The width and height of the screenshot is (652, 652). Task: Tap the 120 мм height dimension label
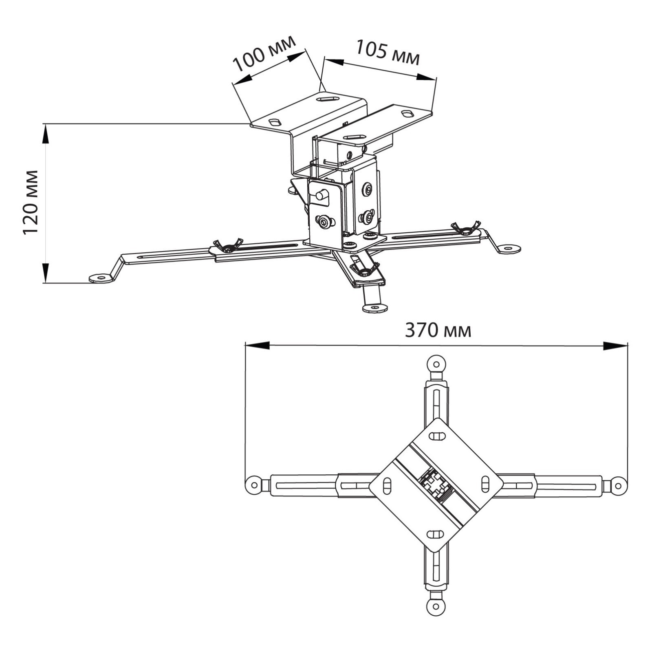[31, 203]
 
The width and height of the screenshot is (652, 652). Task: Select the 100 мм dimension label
[264, 53]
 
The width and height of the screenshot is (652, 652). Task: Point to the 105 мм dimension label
[388, 53]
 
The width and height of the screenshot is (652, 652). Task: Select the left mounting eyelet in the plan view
[254, 485]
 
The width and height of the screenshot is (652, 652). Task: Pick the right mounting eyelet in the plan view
[618, 486]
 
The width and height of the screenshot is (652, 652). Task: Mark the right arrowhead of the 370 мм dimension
[615, 346]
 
